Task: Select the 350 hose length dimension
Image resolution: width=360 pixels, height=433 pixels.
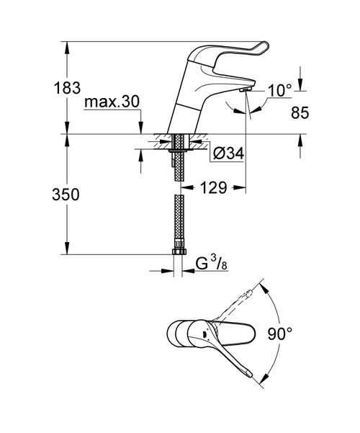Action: [x=66, y=195]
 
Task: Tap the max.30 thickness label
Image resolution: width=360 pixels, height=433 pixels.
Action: [x=111, y=102]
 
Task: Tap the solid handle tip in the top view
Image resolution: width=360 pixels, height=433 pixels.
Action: [x=248, y=372]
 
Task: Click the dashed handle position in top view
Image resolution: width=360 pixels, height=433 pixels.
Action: [x=242, y=303]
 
